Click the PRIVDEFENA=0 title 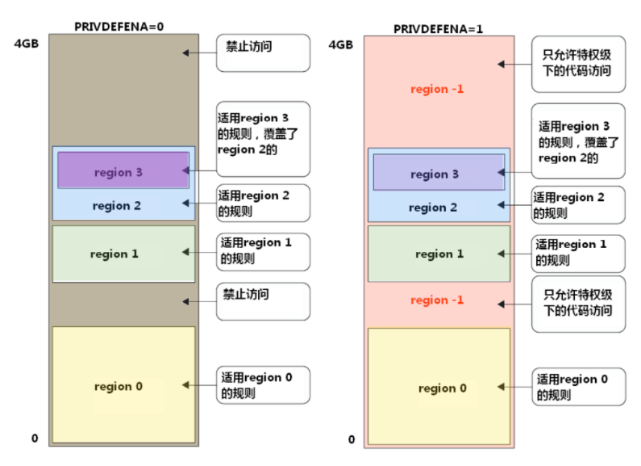click(x=120, y=26)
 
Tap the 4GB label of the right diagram click(x=341, y=44)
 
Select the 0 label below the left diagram click(x=35, y=439)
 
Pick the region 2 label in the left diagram click(x=117, y=206)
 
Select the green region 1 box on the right click(x=439, y=254)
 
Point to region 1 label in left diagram click(x=114, y=254)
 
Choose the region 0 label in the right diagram click(x=442, y=388)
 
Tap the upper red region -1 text click(x=437, y=89)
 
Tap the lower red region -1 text click(x=437, y=300)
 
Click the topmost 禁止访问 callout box click(x=263, y=52)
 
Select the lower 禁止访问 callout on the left click(x=263, y=301)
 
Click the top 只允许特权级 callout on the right click(x=577, y=65)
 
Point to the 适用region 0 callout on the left click(x=263, y=384)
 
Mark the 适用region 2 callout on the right click(x=577, y=205)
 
